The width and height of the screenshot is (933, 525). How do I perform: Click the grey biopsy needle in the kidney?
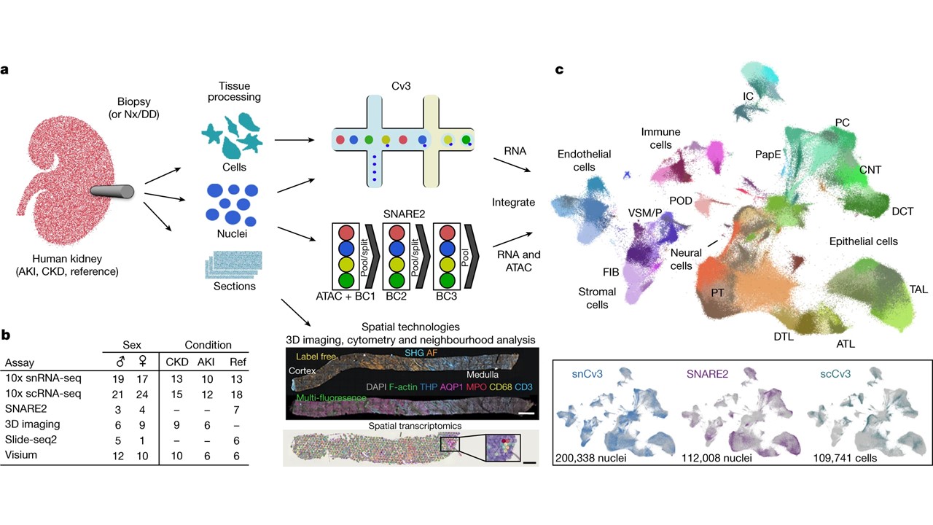click(112, 191)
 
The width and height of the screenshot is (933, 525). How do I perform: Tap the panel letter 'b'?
click(5, 335)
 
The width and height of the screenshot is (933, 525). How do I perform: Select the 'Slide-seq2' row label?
click(31, 440)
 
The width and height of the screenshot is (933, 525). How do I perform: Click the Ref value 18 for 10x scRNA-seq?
click(237, 394)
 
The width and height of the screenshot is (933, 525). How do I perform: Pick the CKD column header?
click(177, 362)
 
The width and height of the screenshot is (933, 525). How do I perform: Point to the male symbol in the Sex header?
click(120, 361)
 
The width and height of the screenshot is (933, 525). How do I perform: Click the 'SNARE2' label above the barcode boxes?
click(404, 214)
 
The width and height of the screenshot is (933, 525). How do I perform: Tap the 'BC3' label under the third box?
click(447, 296)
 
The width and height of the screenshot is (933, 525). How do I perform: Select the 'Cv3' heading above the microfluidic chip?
click(401, 86)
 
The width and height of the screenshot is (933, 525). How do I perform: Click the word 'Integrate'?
click(513, 203)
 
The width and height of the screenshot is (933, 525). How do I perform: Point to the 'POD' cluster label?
click(681, 201)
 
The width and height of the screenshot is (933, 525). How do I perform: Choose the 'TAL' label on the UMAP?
click(918, 289)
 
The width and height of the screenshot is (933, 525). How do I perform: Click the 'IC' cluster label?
click(748, 97)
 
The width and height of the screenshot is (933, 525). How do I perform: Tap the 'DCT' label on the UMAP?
click(902, 211)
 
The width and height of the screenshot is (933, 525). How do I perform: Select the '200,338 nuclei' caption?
click(590, 459)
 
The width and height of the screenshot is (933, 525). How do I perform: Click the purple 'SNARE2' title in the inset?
click(707, 374)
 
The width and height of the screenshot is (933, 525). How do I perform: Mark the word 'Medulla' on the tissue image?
click(483, 375)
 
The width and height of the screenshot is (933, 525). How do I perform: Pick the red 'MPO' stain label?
click(476, 387)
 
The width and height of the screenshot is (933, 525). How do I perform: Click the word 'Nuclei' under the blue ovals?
click(232, 234)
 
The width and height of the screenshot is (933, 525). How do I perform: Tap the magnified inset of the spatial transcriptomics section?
click(503, 448)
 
